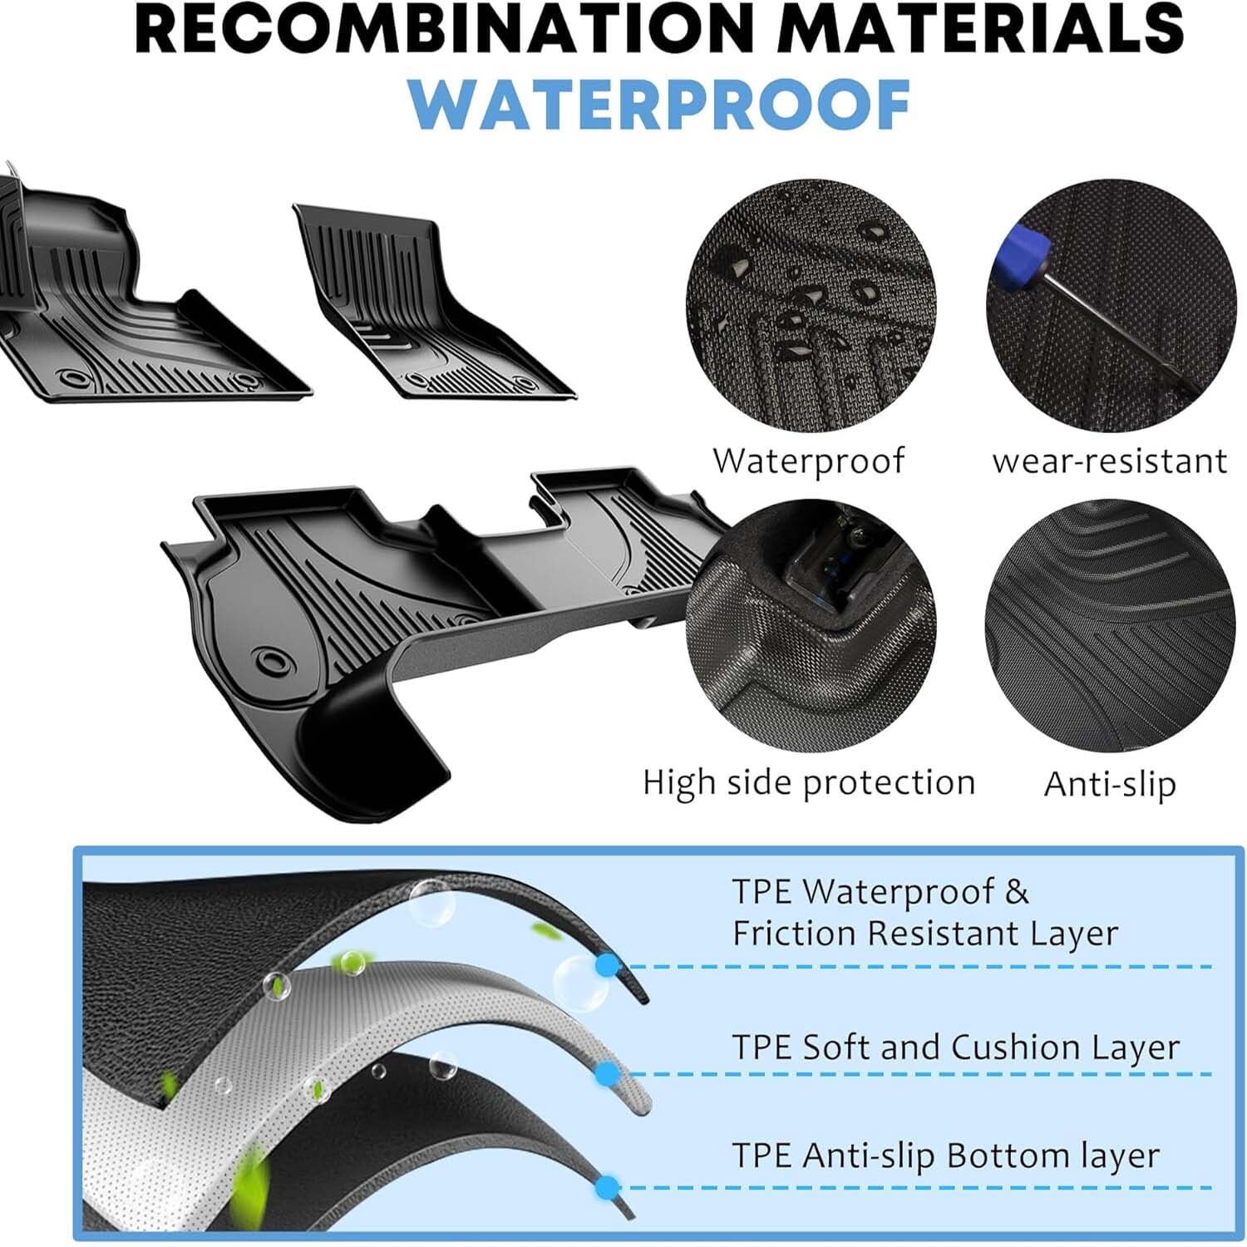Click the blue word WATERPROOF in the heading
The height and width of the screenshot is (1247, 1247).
[x=660, y=105]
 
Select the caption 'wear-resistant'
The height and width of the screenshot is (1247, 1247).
[x=1110, y=461]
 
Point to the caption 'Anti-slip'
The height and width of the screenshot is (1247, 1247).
[x=1110, y=783]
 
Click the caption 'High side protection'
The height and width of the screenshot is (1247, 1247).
[x=809, y=782]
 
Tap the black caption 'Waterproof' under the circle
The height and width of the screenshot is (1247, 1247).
[x=808, y=461]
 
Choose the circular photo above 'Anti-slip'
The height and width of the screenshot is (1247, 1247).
[x=1111, y=625]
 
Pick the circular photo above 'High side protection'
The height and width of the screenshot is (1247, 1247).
[x=811, y=625]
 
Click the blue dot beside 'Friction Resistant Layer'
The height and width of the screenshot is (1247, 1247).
[x=608, y=966]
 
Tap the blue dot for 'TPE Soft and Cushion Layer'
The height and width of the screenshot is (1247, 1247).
[x=608, y=1073]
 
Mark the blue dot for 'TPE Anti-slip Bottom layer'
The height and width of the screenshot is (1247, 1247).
[x=608, y=1186]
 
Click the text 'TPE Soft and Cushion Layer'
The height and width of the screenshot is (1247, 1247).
[x=955, y=1047]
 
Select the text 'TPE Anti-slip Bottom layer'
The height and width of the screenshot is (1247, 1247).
[x=945, y=1156]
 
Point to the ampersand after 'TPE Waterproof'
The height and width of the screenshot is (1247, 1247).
[x=1017, y=892]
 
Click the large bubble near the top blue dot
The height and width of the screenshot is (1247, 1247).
[x=579, y=983]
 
